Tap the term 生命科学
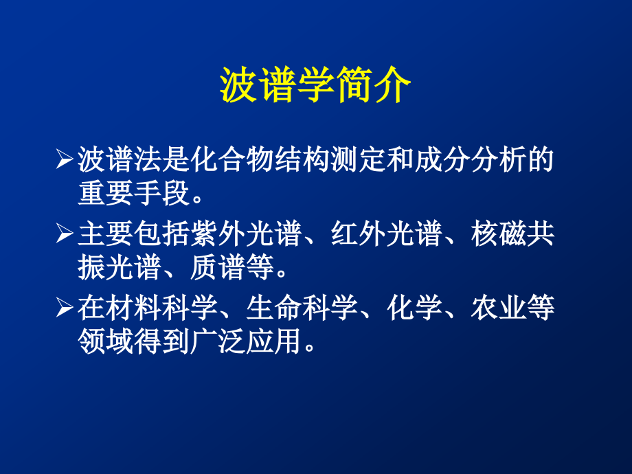click(x=298, y=308)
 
